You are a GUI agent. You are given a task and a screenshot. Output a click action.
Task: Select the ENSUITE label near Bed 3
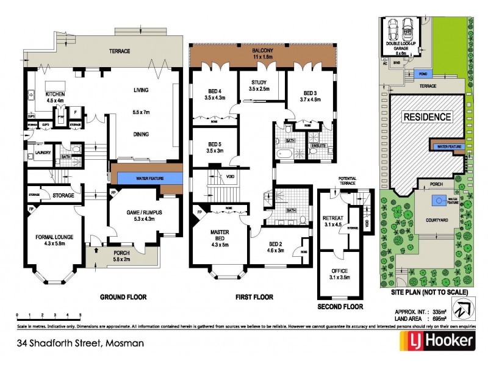[x=318, y=146]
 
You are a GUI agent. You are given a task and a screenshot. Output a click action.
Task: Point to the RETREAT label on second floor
[x=333, y=220]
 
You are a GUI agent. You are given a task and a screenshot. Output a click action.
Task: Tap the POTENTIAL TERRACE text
[x=347, y=181]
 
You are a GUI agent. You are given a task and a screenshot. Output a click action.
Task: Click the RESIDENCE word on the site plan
[x=426, y=117]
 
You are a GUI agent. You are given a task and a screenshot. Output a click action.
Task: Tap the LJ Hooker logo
[x=436, y=342]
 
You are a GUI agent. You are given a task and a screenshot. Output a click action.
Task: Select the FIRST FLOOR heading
[x=254, y=297]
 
